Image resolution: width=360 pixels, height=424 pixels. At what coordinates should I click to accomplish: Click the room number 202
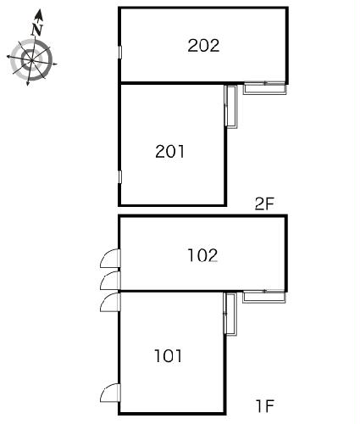(203, 46)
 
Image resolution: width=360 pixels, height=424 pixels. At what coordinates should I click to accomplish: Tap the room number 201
(170, 151)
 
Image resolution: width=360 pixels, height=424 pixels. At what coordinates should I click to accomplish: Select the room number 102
(202, 255)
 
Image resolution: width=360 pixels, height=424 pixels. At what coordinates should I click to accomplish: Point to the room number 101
(169, 356)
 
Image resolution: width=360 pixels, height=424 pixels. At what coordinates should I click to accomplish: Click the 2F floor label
(264, 204)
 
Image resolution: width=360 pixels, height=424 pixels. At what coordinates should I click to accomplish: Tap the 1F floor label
(265, 406)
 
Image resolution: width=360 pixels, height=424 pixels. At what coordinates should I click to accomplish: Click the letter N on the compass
(37, 30)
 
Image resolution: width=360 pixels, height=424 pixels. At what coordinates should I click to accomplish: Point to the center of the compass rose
(31, 60)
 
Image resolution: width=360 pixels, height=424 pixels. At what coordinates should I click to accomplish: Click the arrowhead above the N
(39, 14)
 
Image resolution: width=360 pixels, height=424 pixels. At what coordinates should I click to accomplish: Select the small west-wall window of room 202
(119, 53)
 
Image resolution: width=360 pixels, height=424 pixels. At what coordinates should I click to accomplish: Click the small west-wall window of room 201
(119, 177)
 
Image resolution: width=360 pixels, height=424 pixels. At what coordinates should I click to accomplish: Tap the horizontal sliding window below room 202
(265, 87)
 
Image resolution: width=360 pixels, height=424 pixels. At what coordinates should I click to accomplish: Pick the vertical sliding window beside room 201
(230, 107)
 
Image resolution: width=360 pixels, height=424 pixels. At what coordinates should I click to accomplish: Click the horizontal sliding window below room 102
(264, 297)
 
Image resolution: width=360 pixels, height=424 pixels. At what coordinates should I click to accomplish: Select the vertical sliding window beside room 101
(230, 314)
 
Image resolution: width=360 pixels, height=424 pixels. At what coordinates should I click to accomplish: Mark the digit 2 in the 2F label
(259, 204)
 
